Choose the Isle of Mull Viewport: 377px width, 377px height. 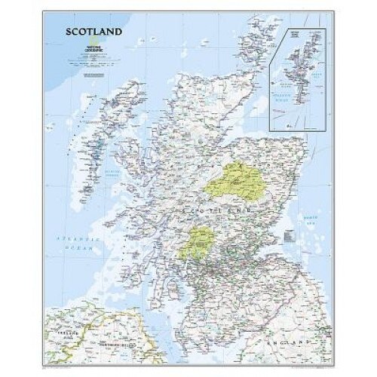tap(128, 226)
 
